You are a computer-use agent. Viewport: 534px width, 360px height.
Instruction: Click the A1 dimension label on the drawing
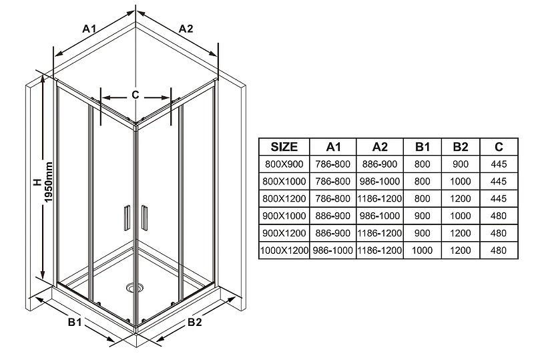click(x=89, y=29)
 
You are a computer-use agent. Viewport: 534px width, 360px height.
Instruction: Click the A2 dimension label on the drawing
click(x=186, y=29)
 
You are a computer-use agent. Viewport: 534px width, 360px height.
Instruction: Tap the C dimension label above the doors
click(x=136, y=95)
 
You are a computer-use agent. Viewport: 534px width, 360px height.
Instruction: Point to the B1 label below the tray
click(x=75, y=322)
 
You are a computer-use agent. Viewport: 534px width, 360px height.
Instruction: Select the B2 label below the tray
click(x=195, y=322)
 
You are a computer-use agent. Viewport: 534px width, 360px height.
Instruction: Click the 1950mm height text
click(x=49, y=182)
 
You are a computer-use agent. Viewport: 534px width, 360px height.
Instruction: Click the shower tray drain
click(x=133, y=288)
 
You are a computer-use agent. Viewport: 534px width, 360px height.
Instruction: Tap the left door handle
click(x=127, y=218)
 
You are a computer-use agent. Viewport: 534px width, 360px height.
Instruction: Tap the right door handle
click(x=144, y=218)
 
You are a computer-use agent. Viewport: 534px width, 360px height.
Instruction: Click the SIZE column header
click(x=284, y=147)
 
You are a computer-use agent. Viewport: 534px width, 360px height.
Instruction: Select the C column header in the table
click(x=499, y=147)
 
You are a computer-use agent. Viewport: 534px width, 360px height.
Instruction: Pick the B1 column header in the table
click(x=423, y=147)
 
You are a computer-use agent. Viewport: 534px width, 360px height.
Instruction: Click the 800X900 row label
click(x=284, y=164)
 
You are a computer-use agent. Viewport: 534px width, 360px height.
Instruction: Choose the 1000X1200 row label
click(x=284, y=250)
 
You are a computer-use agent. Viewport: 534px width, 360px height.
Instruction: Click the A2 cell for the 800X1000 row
click(x=380, y=182)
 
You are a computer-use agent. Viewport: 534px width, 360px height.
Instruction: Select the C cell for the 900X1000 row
click(x=499, y=216)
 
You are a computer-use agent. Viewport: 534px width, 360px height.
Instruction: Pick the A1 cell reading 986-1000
click(x=332, y=250)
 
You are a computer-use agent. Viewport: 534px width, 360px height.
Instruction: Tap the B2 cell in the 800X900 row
click(x=461, y=164)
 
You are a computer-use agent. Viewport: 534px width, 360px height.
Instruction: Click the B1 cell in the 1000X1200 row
click(x=423, y=250)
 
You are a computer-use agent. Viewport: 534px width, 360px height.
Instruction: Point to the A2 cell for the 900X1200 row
click(x=380, y=233)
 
